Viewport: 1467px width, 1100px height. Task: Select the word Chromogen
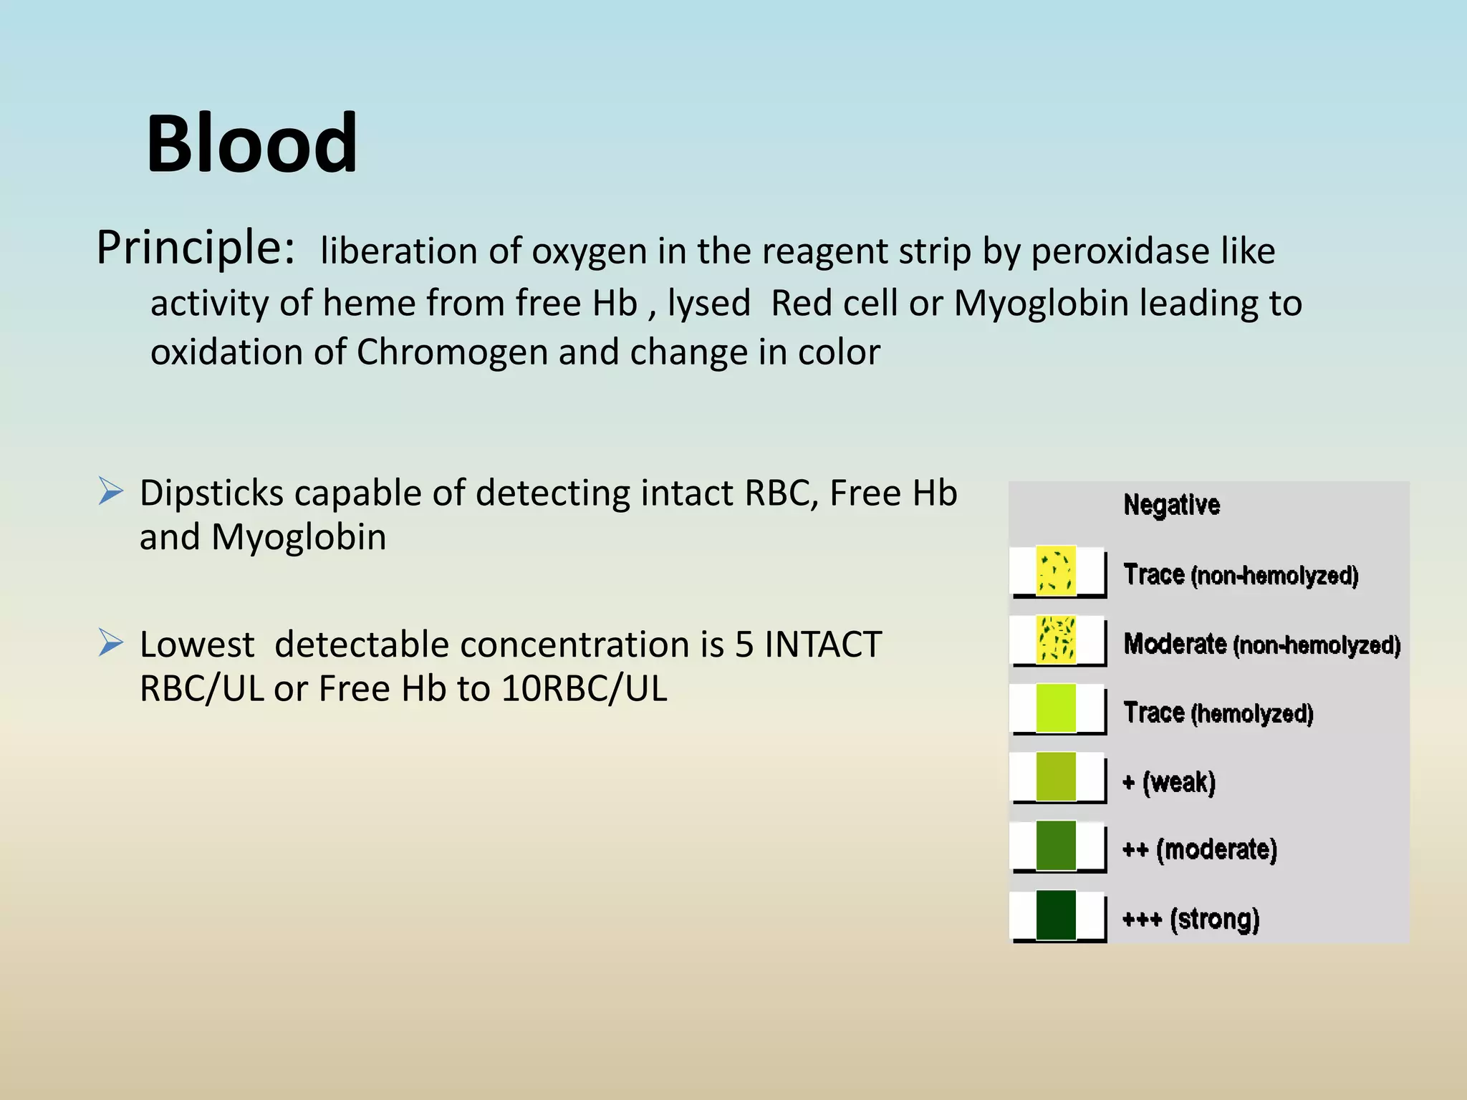[x=452, y=352]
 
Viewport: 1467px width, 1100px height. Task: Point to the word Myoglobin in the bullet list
[x=299, y=537]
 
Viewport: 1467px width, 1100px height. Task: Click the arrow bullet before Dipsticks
[x=111, y=491]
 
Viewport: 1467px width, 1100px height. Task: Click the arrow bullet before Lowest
[x=111, y=642]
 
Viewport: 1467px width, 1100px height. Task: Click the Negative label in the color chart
[x=1171, y=505]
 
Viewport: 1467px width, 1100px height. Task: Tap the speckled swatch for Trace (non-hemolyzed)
[x=1056, y=571]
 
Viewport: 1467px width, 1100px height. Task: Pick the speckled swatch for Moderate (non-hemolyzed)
[x=1056, y=640]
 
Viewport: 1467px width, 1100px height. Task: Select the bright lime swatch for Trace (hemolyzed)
[x=1056, y=708]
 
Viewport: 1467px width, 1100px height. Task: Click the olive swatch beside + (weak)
[x=1056, y=777]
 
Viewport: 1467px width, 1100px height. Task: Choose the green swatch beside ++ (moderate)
[x=1056, y=846]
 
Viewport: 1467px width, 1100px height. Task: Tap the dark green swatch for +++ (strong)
[x=1056, y=915]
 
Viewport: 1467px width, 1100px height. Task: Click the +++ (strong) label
[x=1191, y=919]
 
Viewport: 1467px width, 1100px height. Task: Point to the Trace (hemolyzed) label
[x=1218, y=713]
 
